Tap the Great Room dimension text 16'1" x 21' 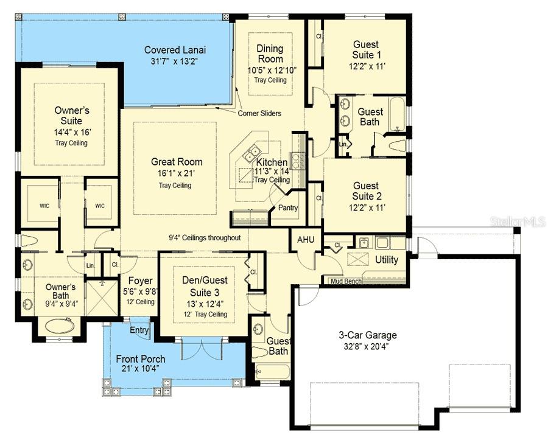pos(177,173)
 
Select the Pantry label pos(287,208)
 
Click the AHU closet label pos(305,240)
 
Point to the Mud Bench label pos(345,281)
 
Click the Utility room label pos(386,260)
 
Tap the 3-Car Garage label pos(368,335)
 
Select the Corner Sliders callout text pos(261,113)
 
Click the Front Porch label pos(141,358)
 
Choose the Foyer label pos(140,281)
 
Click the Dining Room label pos(270,54)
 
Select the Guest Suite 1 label pos(365,49)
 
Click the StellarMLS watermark pos(517,221)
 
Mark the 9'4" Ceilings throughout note pos(205,238)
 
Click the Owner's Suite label pos(72,116)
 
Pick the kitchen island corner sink pos(250,148)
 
